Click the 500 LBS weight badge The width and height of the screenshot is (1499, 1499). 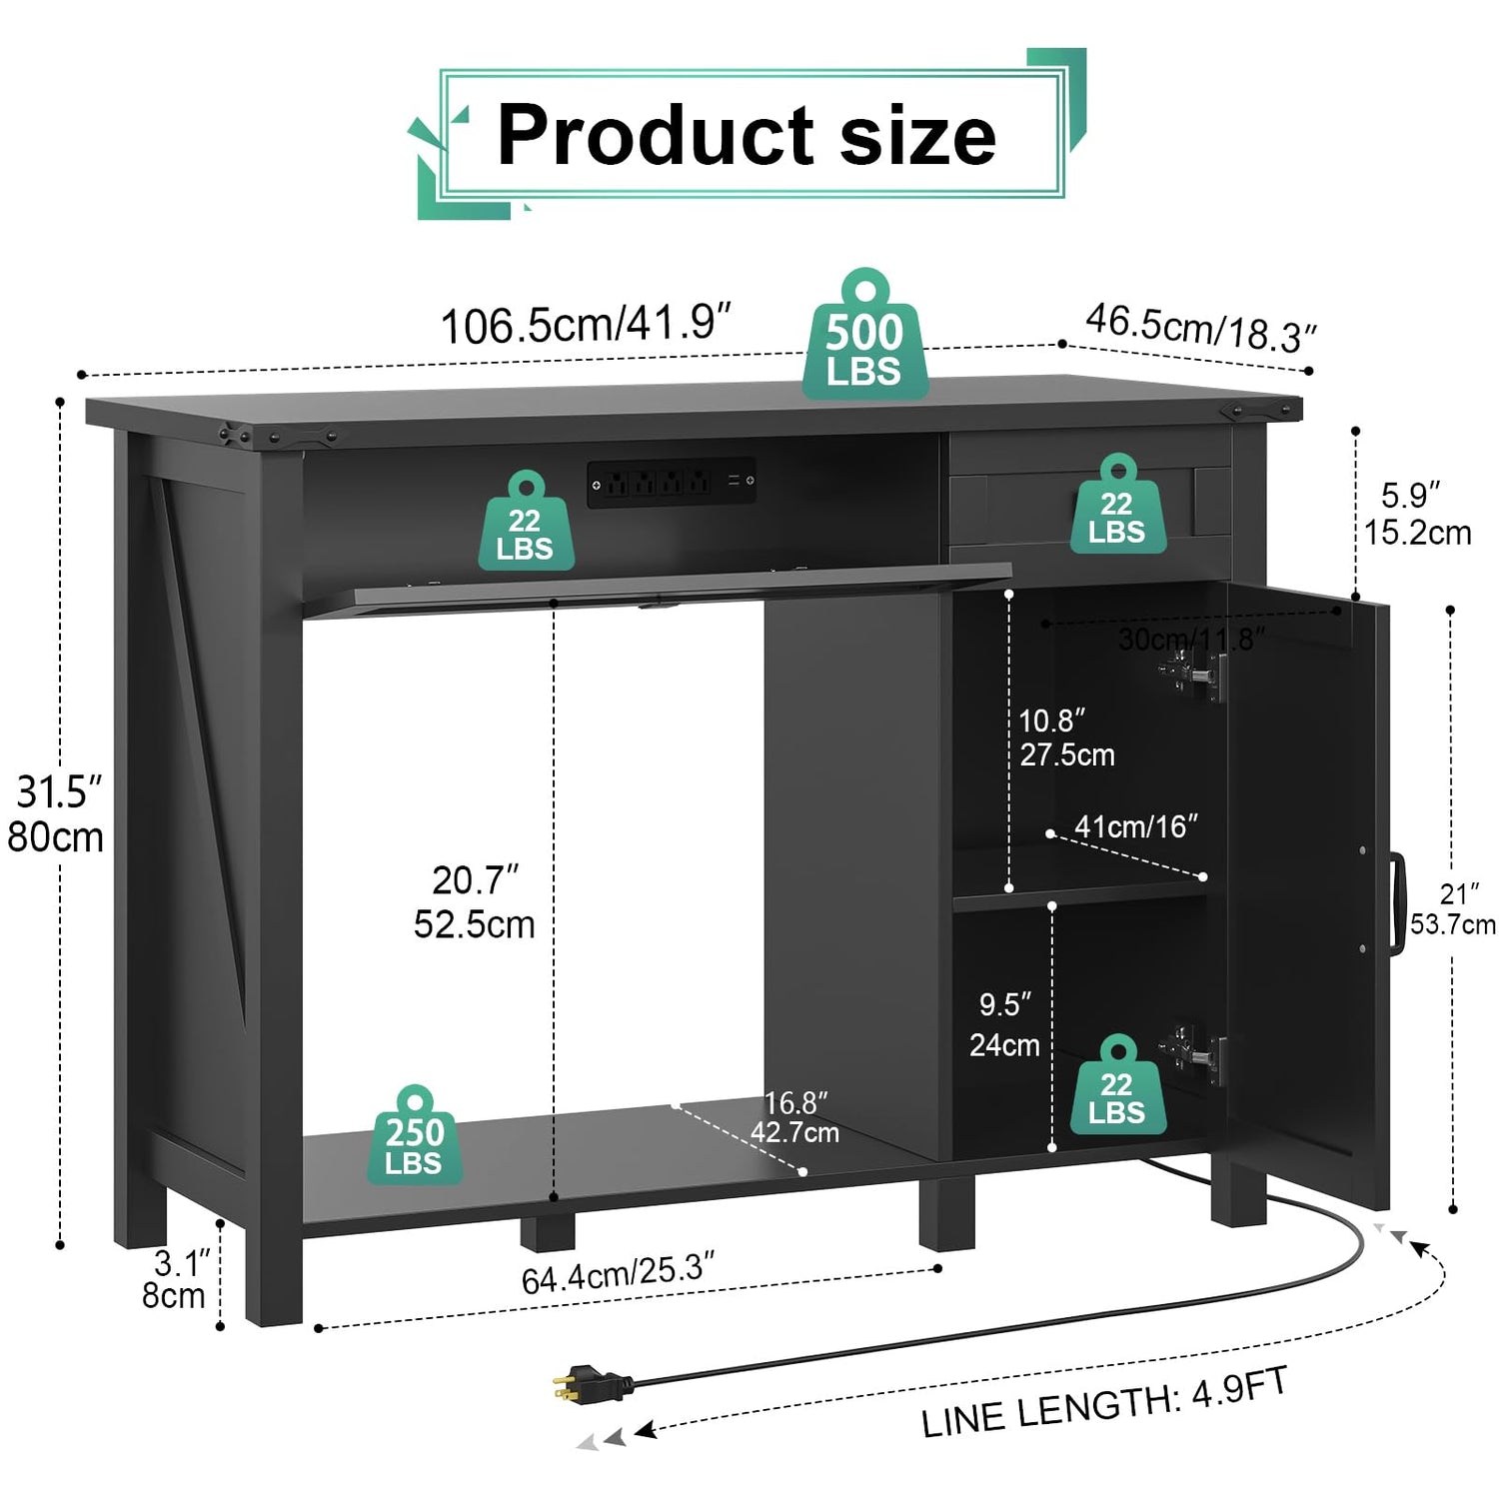point(864,336)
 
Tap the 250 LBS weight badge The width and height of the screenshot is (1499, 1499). point(414,1136)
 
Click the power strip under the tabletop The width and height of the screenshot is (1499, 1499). point(671,483)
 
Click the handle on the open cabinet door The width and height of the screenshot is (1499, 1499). point(1396,901)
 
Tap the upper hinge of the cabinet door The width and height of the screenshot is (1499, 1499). point(1193,673)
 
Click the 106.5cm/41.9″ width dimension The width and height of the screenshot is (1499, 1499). point(586,324)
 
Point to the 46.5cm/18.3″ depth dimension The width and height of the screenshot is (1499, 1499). point(1200,328)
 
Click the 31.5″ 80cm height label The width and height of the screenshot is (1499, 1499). point(56,814)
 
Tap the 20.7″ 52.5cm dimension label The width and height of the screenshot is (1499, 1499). point(475,902)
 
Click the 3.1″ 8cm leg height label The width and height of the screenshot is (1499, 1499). point(176,1279)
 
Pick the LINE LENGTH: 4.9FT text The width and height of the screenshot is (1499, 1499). point(1104,1403)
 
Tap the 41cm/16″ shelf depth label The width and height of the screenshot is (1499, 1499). point(1136,826)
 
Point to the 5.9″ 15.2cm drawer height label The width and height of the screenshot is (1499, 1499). point(1417,514)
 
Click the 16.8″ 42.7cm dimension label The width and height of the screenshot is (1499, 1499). point(795,1117)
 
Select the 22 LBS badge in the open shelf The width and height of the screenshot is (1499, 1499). point(526,521)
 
